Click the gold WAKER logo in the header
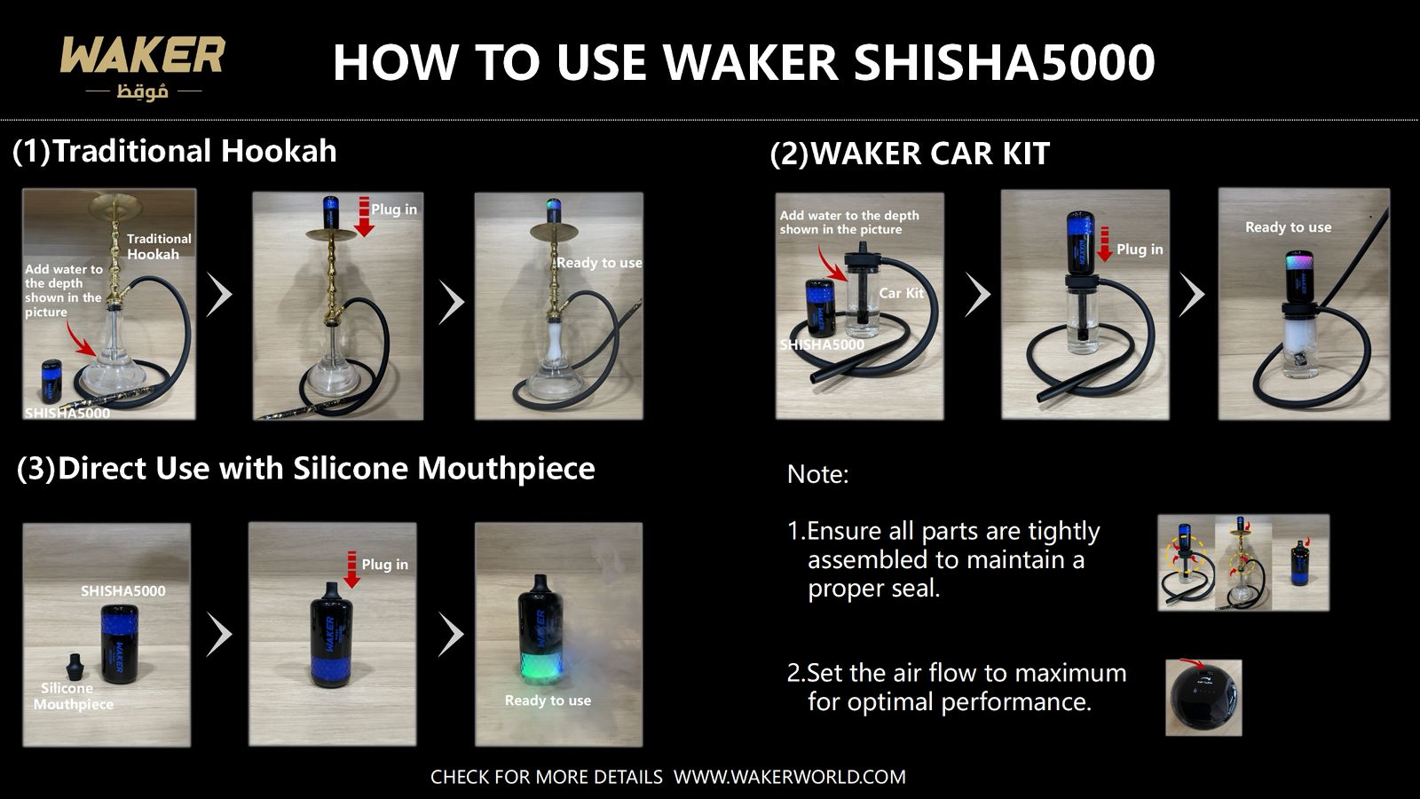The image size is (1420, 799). [x=142, y=56]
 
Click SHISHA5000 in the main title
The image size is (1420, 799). [x=1004, y=63]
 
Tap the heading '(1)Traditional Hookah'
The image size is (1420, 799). [x=175, y=151]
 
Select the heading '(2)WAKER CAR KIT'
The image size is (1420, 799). [x=910, y=154]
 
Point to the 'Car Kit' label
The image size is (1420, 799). [x=901, y=293]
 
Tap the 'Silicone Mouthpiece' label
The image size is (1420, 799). [x=74, y=696]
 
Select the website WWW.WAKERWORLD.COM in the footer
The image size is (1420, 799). [x=789, y=777]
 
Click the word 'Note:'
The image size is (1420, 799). [x=817, y=474]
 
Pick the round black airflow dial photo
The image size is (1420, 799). [x=1203, y=698]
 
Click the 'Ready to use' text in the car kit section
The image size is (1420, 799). [x=1288, y=227]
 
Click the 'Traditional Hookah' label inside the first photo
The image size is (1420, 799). [x=159, y=246]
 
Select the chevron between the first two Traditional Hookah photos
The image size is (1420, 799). [x=219, y=295]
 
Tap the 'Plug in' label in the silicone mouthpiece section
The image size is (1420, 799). [x=384, y=565]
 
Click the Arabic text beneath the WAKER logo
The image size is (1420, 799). [x=142, y=91]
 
